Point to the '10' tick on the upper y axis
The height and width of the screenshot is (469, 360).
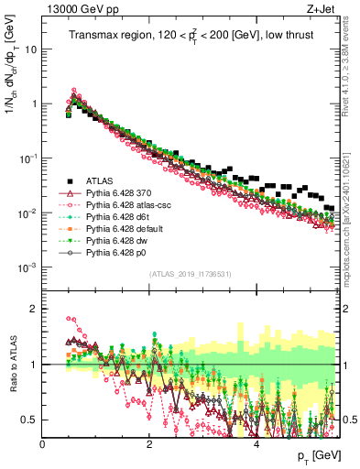(31, 49)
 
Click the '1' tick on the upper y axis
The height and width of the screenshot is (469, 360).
(34, 104)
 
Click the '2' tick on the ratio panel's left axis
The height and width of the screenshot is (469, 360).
(35, 309)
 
